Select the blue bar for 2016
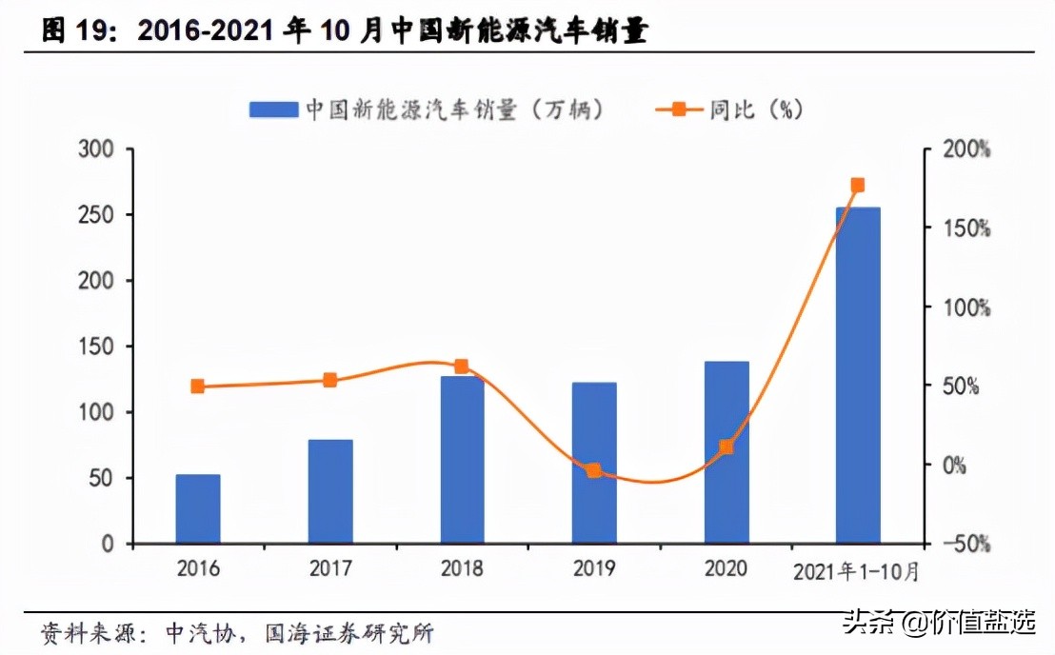point(198,509)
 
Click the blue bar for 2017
point(330,491)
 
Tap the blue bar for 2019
point(594,463)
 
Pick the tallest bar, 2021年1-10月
point(858,375)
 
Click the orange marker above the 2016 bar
point(198,387)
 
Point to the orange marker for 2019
point(594,470)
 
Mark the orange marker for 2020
point(727,447)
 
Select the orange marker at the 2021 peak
point(858,185)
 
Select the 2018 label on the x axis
point(462,569)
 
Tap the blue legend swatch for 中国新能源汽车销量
point(273,109)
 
